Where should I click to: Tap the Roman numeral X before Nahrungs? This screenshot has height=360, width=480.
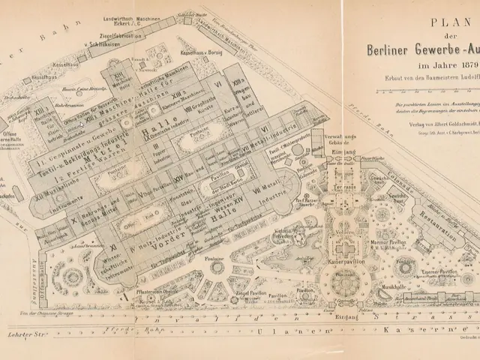(x=76, y=224)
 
